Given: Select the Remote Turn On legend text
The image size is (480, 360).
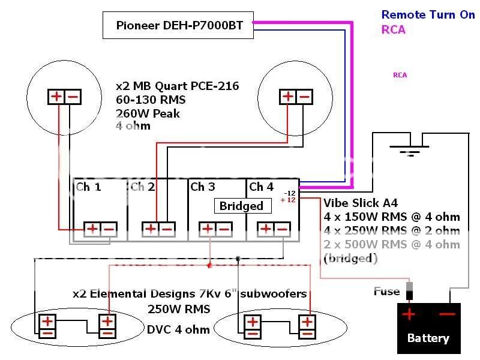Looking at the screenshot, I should point(428,15).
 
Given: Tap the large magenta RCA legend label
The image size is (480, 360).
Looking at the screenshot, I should point(394,30).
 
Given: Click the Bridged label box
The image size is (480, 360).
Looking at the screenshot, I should point(241,206).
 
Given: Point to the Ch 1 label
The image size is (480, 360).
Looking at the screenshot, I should point(88,187).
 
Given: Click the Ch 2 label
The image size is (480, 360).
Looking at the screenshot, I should point(142,187).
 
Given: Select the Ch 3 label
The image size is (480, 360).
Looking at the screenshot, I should point(202,187).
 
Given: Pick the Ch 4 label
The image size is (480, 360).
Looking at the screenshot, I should point(261,187).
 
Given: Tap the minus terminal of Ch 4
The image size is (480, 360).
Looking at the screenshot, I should point(281,228).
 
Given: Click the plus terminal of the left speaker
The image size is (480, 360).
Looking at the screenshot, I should point(56,96).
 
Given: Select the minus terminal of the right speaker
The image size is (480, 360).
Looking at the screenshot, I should point(304,96).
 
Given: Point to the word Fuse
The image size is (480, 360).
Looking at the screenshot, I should point(386,292).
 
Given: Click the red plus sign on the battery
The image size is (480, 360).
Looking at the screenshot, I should point(409,314).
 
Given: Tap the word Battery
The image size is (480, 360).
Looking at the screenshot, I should point(428,338).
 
